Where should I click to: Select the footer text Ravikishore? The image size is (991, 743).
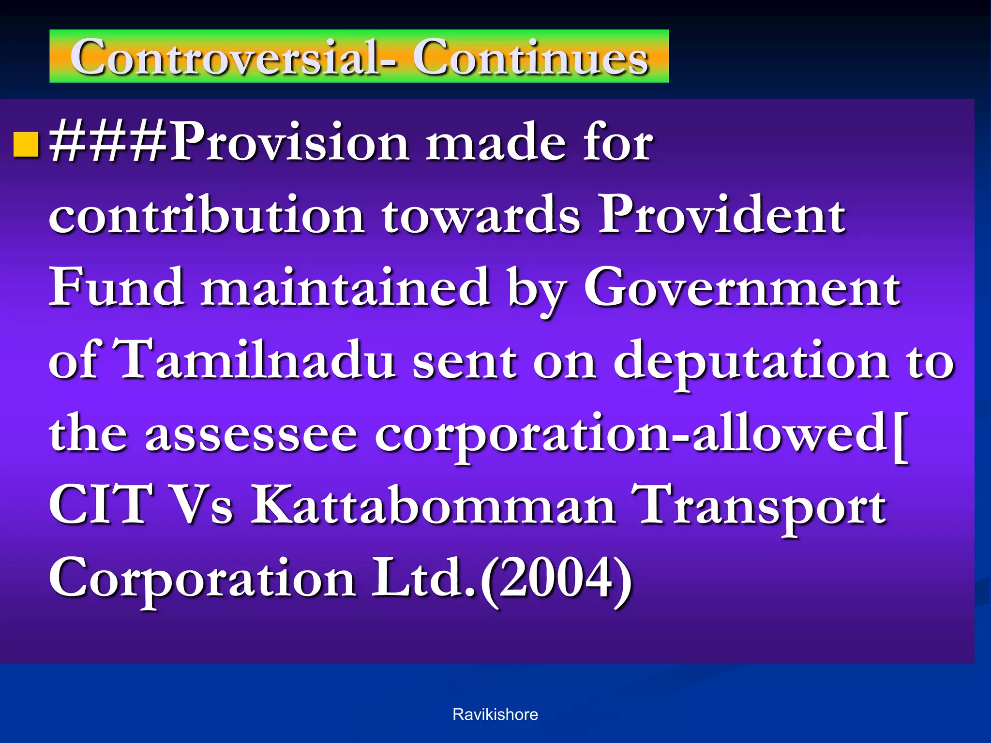tap(495, 714)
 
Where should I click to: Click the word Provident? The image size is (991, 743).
tap(722, 215)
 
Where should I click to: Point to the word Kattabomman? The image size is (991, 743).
tap(433, 506)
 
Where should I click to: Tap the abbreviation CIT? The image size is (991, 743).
tap(100, 506)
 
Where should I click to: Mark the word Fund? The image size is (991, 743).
tap(116, 289)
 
